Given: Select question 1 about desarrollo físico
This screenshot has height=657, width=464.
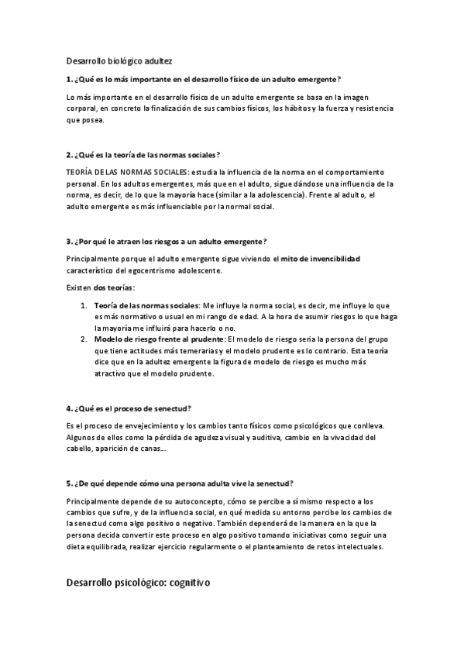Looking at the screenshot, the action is pos(204,80).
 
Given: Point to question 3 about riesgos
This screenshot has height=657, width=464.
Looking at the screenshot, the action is pos(167,241).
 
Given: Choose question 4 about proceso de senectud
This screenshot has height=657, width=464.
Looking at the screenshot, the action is pos(129,408).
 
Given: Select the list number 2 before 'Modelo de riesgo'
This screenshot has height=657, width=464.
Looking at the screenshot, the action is pos(84,339).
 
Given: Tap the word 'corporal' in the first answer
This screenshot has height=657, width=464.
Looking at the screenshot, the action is pos(84,109).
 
